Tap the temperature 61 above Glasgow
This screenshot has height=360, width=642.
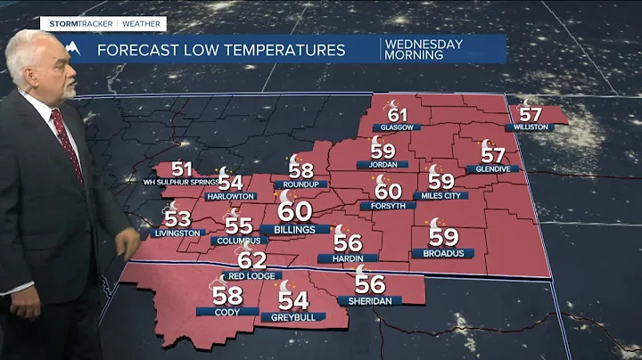point(397,114)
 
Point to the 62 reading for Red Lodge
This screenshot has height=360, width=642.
point(252,260)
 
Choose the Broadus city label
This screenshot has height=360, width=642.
point(442,253)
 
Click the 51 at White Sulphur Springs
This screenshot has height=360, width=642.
point(182,169)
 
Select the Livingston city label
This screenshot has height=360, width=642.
point(175,233)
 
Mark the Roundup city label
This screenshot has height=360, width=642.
point(301,184)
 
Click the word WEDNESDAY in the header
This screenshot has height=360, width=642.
point(424,44)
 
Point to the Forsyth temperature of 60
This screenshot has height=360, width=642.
point(388,191)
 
